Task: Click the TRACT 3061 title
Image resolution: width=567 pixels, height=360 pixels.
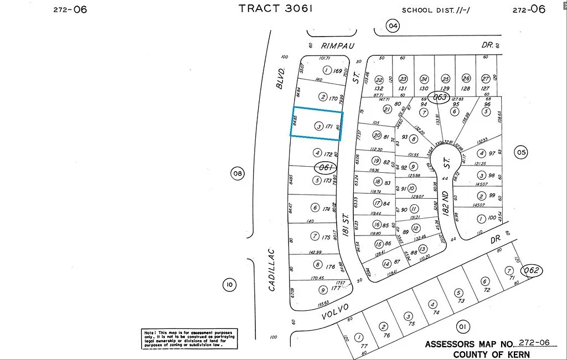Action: tap(276, 8)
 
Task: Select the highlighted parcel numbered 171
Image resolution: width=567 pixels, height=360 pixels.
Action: tap(317, 123)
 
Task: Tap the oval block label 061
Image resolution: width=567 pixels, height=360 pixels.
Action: tap(325, 167)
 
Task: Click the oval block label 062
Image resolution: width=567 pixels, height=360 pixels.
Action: tap(534, 271)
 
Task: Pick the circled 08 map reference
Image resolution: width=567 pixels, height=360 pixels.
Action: tap(238, 174)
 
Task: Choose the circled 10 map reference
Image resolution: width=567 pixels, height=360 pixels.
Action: tap(229, 285)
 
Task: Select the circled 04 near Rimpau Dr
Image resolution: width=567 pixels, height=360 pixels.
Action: tap(393, 26)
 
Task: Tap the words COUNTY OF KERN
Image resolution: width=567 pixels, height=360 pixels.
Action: tap(491, 354)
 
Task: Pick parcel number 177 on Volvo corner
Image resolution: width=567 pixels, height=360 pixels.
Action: tap(335, 289)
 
